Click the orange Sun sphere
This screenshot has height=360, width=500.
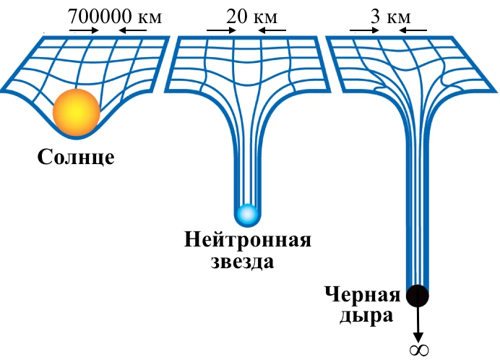click(77, 112)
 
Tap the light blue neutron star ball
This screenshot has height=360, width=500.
click(247, 214)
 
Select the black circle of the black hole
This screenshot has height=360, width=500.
click(418, 296)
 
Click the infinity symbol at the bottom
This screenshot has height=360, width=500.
click(419, 350)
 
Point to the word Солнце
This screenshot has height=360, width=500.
click(76, 157)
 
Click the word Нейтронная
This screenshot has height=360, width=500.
click(248, 240)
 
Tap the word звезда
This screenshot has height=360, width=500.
click(242, 262)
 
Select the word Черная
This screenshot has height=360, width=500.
click(362, 294)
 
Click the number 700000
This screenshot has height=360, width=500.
click(100, 17)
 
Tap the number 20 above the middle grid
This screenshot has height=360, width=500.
click(236, 17)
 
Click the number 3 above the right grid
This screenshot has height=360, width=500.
click(375, 17)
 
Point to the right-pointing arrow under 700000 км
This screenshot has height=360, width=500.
click(85, 30)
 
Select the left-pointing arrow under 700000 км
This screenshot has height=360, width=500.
click(133, 30)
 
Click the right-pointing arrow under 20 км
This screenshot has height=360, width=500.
click(221, 30)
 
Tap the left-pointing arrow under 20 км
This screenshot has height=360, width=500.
click(272, 30)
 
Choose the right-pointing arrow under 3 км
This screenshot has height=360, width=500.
click(364, 30)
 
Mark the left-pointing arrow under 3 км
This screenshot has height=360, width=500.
click(413, 30)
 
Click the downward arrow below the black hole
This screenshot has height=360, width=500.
click(418, 325)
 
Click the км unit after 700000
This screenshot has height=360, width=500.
click(150, 18)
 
